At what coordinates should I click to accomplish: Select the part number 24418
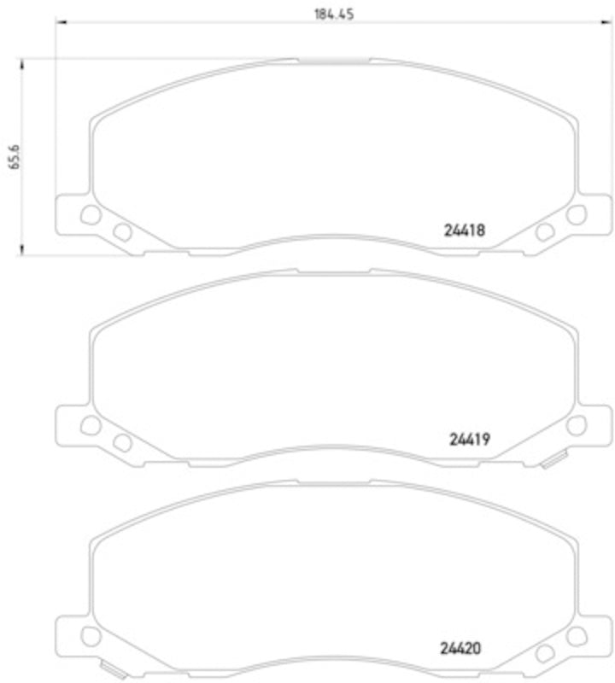[465, 230]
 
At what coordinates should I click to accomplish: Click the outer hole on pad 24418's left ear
[91, 215]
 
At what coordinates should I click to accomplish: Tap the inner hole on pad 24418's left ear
[122, 231]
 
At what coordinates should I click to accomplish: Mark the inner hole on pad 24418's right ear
[544, 231]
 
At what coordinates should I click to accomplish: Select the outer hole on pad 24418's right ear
[577, 215]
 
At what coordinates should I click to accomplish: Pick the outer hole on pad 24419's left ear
[91, 425]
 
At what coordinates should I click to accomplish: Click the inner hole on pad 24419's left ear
[122, 441]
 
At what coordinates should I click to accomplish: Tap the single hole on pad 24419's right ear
[577, 425]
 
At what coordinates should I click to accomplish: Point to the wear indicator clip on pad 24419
[551, 462]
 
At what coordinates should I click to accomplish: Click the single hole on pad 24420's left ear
[91, 635]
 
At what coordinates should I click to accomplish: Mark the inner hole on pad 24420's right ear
[544, 652]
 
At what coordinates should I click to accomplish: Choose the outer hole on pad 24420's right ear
[577, 635]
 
